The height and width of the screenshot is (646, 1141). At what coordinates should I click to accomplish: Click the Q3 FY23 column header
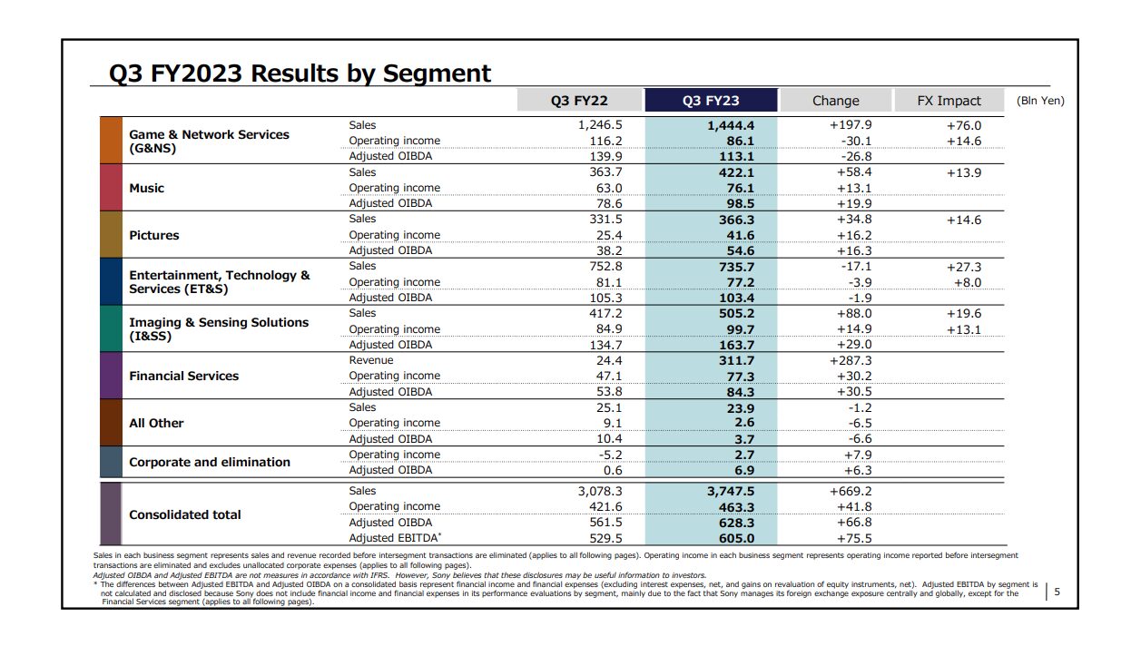[x=711, y=101]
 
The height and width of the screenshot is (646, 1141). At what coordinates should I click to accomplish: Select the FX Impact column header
[x=949, y=101]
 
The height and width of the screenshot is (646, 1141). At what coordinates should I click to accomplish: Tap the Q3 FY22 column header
[x=579, y=101]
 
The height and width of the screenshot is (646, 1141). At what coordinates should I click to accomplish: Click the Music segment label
[x=147, y=188]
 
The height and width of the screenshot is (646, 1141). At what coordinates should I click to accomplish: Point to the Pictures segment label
[x=153, y=235]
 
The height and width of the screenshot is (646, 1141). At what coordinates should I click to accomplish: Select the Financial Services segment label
[x=184, y=376]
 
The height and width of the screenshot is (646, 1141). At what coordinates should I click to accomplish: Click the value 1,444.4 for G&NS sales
[x=731, y=125]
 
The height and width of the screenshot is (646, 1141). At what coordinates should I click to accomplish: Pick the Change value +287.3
[x=851, y=360]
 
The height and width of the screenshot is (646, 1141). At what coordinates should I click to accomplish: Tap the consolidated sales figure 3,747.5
[x=731, y=491]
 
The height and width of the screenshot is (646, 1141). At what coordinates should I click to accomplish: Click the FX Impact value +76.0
[x=964, y=125]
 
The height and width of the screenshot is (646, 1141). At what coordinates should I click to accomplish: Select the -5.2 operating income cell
[x=610, y=455]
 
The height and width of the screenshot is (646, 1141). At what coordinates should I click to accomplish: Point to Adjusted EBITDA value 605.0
[x=736, y=538]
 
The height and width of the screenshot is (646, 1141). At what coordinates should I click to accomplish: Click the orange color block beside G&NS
[x=111, y=140]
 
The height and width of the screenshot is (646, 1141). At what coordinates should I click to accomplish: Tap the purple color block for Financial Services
[x=111, y=376]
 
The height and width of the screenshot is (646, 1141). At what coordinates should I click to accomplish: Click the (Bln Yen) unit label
[x=1040, y=101]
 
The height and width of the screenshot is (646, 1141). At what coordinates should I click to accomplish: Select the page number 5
[x=1057, y=592]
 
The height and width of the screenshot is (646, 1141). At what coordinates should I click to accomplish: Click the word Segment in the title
[x=437, y=73]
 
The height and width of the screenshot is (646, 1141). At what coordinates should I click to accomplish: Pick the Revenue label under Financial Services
[x=371, y=360]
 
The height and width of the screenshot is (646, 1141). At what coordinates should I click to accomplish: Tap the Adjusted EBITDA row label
[x=395, y=537]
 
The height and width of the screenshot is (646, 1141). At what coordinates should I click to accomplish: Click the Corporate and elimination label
[x=210, y=462]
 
